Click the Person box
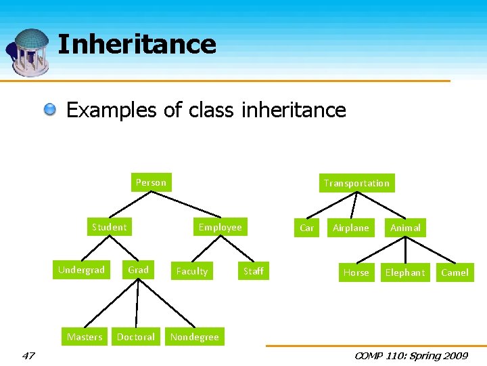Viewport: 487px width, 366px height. click(x=151, y=182)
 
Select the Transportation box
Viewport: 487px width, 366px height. click(x=356, y=183)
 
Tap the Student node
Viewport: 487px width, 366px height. click(x=109, y=227)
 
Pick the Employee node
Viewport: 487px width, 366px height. click(x=220, y=227)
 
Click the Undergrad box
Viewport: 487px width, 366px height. click(x=81, y=270)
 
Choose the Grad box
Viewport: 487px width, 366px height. click(x=138, y=270)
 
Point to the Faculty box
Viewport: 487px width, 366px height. click(x=191, y=271)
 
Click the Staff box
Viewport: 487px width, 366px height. click(x=254, y=271)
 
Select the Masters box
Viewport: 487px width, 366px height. click(x=85, y=337)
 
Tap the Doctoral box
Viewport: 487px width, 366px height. click(x=136, y=337)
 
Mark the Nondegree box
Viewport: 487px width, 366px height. click(x=195, y=337)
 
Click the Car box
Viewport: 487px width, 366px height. click(x=306, y=228)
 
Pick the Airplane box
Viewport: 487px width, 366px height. click(x=351, y=228)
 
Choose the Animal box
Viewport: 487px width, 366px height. click(x=405, y=228)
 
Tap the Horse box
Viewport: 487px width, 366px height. click(x=356, y=272)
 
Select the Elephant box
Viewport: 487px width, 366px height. click(x=405, y=272)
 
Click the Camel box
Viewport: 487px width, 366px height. click(x=455, y=272)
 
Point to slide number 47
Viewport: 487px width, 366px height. click(x=28, y=355)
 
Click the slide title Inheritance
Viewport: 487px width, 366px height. click(x=137, y=45)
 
